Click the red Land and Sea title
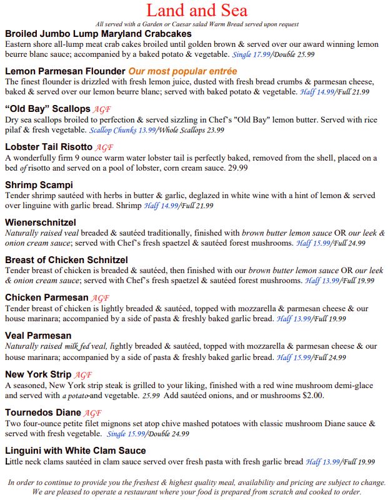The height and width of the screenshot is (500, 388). click(196, 11)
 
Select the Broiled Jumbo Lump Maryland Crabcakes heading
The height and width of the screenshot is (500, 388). click(97, 33)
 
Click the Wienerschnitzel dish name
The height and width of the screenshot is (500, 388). click(41, 222)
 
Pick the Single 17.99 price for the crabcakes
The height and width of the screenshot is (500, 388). click(252, 54)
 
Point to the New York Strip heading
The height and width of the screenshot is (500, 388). click(39, 375)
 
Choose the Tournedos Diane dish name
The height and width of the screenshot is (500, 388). click(43, 412)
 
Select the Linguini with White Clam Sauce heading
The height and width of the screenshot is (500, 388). click(75, 451)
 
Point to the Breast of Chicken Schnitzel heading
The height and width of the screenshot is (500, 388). click(66, 260)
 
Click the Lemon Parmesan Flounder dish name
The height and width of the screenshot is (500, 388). click(65, 71)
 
